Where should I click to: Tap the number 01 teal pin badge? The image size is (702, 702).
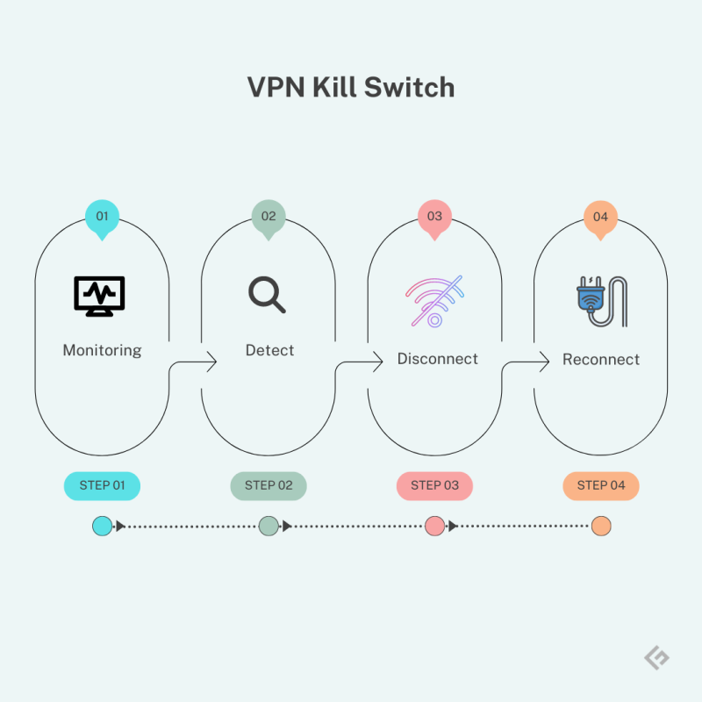102,217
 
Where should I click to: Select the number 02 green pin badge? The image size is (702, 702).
269,217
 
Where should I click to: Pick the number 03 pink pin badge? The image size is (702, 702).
434,217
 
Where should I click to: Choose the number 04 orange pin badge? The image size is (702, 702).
600,217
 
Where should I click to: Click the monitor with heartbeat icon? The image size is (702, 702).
99,296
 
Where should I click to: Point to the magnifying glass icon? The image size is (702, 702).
267,295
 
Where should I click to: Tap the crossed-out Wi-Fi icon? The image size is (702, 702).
434,301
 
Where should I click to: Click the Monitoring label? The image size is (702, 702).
102,350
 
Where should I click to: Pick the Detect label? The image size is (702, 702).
269,350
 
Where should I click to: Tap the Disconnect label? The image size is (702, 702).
437,359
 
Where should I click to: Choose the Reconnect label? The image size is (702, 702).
601,360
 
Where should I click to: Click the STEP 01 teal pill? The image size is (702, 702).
102,485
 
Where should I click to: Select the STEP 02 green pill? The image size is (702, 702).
268,485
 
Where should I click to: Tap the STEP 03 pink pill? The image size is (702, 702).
434,485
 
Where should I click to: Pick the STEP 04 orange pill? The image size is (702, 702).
600,485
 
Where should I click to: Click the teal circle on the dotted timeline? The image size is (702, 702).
102,526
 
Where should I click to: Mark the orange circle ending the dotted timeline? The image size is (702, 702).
600,526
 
